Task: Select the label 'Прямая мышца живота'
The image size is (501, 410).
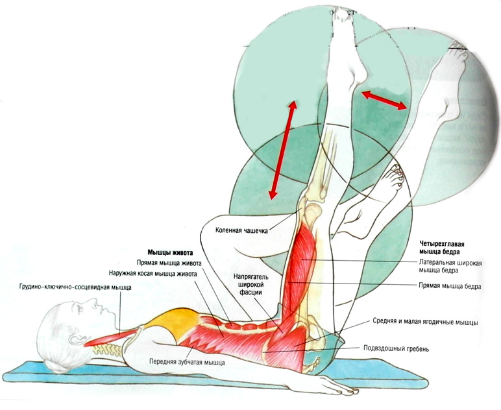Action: coord(169,263)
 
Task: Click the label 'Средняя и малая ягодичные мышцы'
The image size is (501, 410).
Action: coord(426,322)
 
